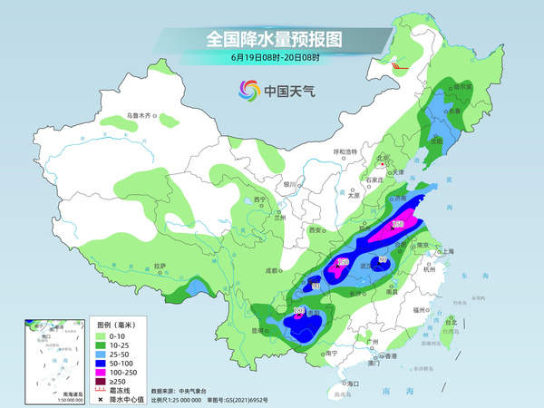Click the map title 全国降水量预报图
(x=271, y=40)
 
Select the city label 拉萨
(x=160, y=266)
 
